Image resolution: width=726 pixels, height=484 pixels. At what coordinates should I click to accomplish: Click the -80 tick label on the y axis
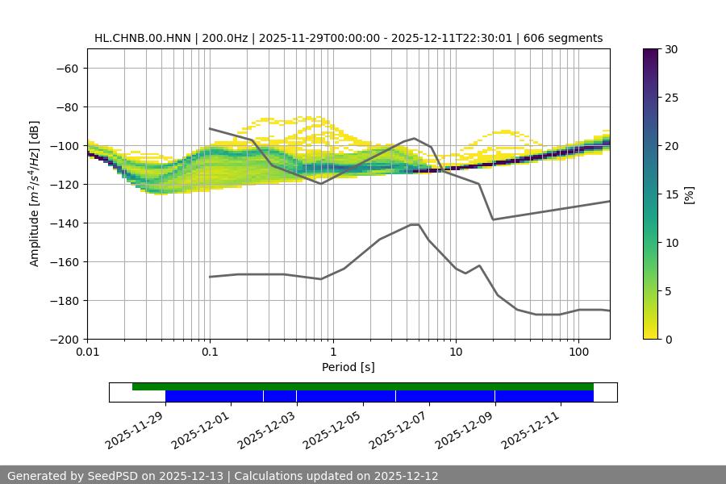(x=66, y=107)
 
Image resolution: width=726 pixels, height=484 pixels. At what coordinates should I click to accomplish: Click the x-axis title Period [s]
(x=348, y=367)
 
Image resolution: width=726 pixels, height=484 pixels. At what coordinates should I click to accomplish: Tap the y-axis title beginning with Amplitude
(x=35, y=194)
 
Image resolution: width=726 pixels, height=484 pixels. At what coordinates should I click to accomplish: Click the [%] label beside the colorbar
(x=688, y=194)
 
